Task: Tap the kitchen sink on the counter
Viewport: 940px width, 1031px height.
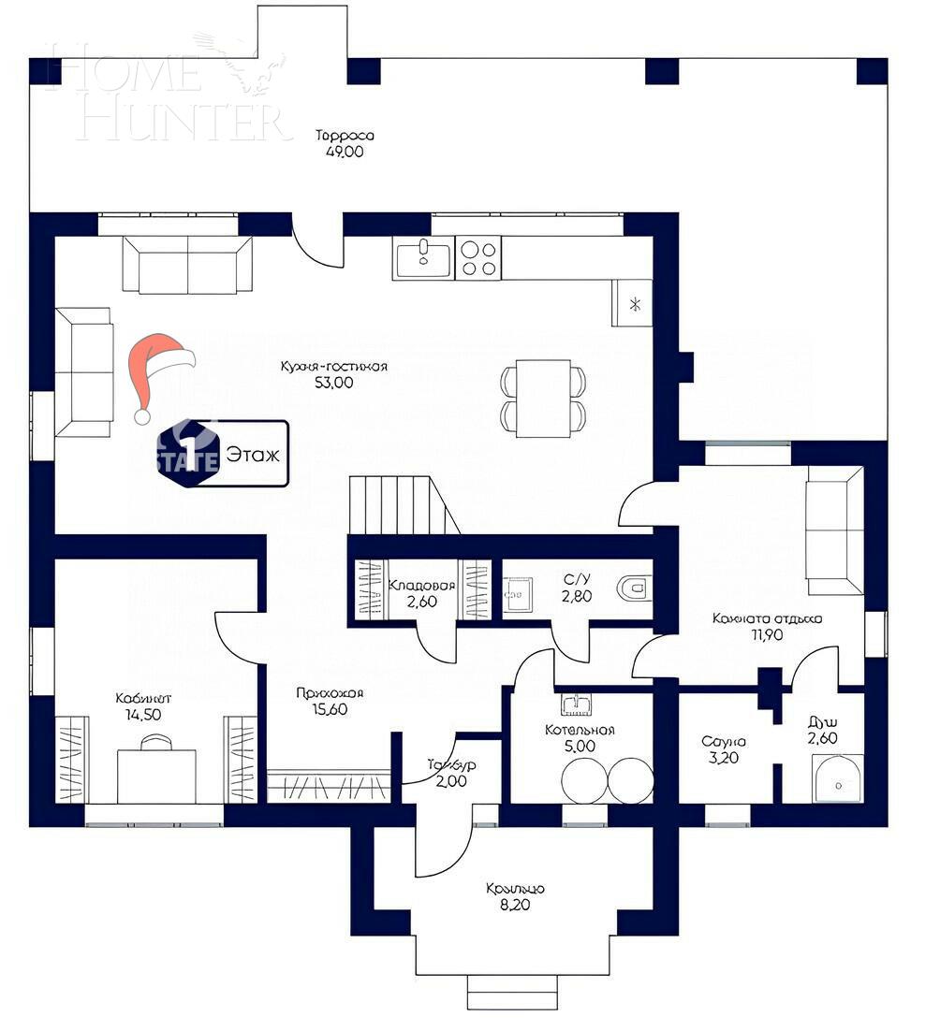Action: tap(423, 258)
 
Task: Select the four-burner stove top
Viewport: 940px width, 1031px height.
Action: tap(477, 258)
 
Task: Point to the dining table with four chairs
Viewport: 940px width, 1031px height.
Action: tap(543, 398)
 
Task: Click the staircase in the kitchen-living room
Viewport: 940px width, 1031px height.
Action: tap(401, 504)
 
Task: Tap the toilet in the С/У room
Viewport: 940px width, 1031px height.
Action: tap(634, 589)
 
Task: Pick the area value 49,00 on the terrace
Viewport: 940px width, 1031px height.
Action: tap(345, 152)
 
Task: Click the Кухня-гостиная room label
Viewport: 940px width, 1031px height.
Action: tap(334, 366)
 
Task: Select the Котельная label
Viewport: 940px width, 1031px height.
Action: tap(580, 730)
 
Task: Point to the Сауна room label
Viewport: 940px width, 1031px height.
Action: tap(724, 742)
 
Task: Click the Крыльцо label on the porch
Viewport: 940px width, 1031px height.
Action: tap(515, 889)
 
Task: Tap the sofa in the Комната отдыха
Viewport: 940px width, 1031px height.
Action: tap(834, 531)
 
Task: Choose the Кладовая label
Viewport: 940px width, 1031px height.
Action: tap(421, 586)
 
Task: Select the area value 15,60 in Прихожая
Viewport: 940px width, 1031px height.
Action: tap(329, 710)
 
